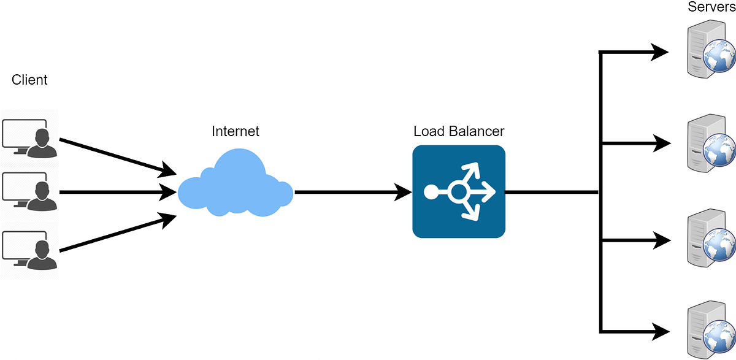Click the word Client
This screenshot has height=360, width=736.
tap(29, 80)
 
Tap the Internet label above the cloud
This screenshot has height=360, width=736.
tap(236, 131)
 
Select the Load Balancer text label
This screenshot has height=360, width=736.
tap(459, 131)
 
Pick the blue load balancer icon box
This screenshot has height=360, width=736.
tap(459, 191)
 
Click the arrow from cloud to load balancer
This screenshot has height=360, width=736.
tap(353, 192)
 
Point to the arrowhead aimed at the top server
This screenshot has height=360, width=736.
tap(660, 52)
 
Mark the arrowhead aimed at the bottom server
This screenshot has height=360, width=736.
tap(660, 331)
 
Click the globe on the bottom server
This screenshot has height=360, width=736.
tap(719, 336)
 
